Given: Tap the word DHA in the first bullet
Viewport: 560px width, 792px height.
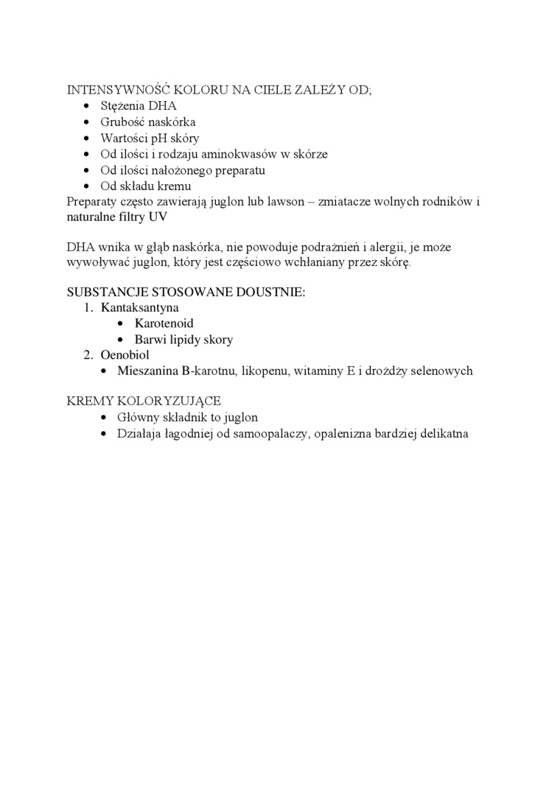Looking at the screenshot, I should [163, 106].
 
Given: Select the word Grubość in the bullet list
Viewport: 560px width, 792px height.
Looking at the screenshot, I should [124, 122].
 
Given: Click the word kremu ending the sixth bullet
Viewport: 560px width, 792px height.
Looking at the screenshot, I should [175, 186].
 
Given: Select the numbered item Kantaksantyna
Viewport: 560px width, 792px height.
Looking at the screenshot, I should [140, 307].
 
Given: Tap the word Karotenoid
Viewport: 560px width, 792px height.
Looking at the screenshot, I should [164, 323].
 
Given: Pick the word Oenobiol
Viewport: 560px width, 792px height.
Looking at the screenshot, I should [125, 355].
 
